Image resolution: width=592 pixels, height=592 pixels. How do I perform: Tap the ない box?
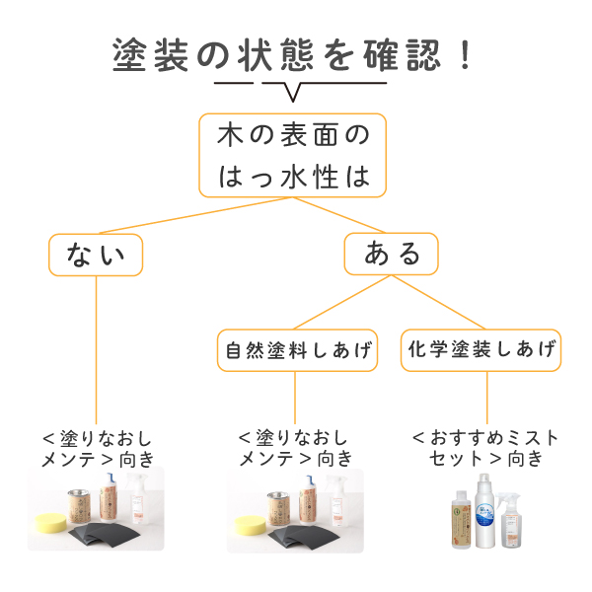pos(96,255)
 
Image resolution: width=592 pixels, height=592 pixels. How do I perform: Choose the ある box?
pos(392,255)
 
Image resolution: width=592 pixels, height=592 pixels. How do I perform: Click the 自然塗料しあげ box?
pos(297,350)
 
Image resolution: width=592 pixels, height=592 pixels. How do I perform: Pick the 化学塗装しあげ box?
pos(481,349)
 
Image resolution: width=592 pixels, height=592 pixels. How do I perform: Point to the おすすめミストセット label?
pos(484,447)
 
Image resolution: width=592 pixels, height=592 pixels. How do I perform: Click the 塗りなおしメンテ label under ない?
pos(98,447)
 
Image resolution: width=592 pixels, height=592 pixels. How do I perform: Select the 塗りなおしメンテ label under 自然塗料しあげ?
pos(295,447)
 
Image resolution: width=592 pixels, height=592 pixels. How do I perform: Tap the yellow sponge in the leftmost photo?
pos(49,520)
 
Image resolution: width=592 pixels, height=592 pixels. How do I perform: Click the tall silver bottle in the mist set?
pos(482,513)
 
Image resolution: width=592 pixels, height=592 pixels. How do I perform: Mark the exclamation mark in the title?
pos(465,55)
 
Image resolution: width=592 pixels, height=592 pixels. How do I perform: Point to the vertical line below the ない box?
pos(96,345)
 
